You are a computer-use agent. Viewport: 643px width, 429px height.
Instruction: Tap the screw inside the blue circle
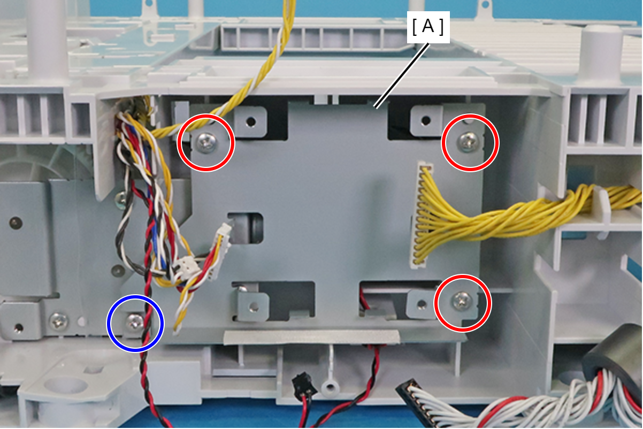coord(135,322)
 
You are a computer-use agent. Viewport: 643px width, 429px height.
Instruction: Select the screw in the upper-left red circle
coord(205,142)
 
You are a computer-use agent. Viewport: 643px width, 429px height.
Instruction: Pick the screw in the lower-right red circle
coord(461,301)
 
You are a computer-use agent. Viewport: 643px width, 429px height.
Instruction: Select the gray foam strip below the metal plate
coord(310,336)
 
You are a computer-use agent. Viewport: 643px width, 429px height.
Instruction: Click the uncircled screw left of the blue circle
coord(58,321)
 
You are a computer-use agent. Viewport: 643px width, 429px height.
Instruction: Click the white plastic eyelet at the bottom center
coord(330,387)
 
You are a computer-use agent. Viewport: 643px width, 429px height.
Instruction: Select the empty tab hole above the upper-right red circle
coord(425,121)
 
